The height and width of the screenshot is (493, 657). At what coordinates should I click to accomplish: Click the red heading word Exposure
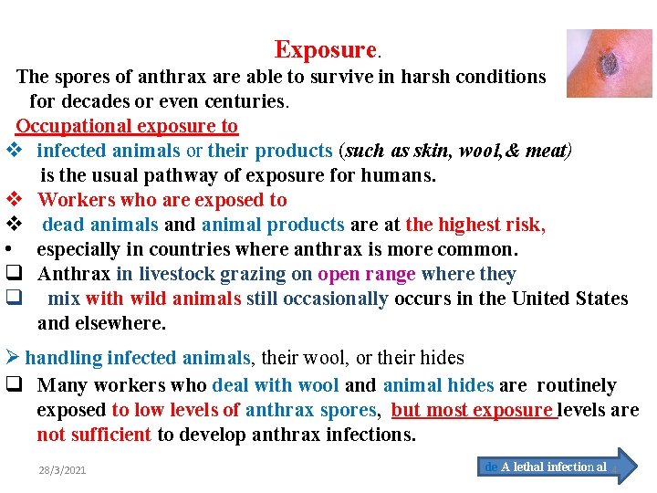[325, 49]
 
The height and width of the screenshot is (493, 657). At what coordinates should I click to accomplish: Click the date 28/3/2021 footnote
[62, 470]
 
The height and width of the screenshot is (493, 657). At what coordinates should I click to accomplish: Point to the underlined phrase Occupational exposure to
[127, 126]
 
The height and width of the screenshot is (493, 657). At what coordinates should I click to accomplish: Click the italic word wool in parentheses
[479, 151]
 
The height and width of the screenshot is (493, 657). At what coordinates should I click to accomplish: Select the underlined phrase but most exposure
[474, 411]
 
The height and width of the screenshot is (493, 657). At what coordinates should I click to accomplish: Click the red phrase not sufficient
[94, 435]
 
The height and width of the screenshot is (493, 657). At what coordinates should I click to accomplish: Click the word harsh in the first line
[413, 77]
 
